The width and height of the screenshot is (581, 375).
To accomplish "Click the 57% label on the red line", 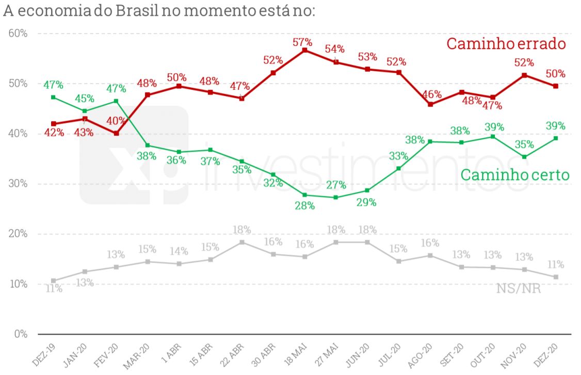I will (x=302, y=42).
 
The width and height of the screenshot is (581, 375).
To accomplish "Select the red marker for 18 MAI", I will (x=305, y=51).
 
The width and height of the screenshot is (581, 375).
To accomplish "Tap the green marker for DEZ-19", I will (x=53, y=97).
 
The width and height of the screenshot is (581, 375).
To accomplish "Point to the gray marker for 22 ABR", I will (x=242, y=242).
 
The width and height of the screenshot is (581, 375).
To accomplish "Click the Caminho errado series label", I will (x=506, y=44).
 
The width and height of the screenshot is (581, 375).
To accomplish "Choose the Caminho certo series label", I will (x=514, y=175).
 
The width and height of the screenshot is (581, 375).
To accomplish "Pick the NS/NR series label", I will (x=519, y=288).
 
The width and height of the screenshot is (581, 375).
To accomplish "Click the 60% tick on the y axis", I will (x=18, y=34).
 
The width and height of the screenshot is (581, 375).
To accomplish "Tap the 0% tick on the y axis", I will (x=21, y=334).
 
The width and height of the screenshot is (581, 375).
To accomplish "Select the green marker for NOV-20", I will (x=524, y=157).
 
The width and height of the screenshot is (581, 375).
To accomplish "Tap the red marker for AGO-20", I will (x=430, y=104).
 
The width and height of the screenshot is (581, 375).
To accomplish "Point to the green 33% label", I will (x=398, y=156).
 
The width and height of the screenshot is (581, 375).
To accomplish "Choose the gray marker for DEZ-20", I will (x=556, y=277).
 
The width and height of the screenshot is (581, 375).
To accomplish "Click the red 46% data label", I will (x=431, y=94).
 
